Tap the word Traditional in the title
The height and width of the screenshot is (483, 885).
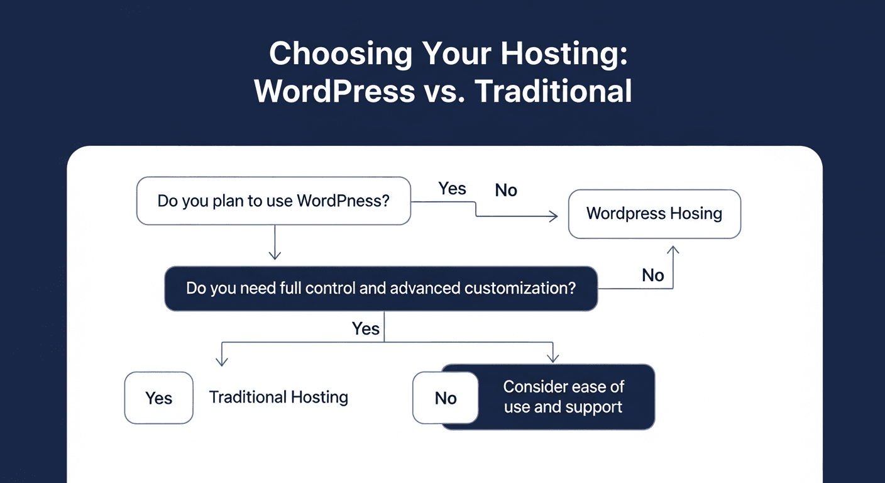[x=553, y=92]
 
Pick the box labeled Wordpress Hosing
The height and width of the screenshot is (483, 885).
[x=654, y=214]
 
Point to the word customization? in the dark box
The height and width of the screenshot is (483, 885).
[x=520, y=289]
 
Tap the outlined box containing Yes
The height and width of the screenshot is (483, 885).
[x=159, y=398]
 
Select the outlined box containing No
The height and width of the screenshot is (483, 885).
[x=446, y=398]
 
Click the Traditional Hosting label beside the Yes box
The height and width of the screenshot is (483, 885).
[x=278, y=397]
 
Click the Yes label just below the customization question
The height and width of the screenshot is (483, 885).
[x=365, y=328]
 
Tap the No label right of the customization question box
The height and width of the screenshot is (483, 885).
[x=653, y=275]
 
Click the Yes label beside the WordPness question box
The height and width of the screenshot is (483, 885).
[x=452, y=189]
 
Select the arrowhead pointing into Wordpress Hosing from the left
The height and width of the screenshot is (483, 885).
[x=553, y=217]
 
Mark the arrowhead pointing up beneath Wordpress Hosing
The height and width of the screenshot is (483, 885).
[x=673, y=251]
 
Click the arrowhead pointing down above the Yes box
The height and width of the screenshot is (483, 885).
[x=221, y=361]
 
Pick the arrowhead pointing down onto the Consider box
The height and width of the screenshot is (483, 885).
[x=552, y=358]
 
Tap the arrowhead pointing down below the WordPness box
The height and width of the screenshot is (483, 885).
[x=275, y=255]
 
